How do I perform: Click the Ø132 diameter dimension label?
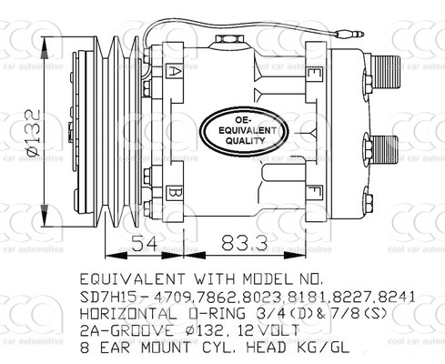tap(33, 133)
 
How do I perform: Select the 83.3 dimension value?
tap(244, 243)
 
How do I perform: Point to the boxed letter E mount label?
tap(312, 73)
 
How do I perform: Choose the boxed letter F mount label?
tap(314, 193)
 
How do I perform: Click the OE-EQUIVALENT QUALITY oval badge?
tap(245, 131)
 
